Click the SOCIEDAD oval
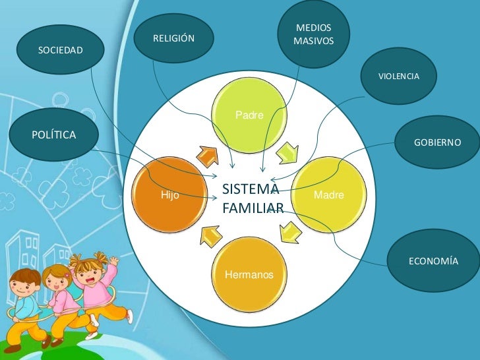click(x=60, y=49)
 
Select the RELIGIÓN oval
click(x=174, y=38)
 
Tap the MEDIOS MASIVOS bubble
click(x=313, y=34)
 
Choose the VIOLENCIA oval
click(x=398, y=76)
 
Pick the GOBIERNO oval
click(x=437, y=142)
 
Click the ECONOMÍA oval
click(x=433, y=260)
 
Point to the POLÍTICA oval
click(x=54, y=135)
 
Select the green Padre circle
click(x=249, y=115)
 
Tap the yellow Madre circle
click(x=329, y=195)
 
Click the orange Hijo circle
click(x=170, y=195)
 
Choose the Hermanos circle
click(x=249, y=274)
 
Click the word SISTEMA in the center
click(x=251, y=189)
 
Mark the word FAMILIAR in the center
click(x=253, y=208)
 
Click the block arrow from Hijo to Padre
click(x=208, y=156)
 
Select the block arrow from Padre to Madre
click(x=287, y=152)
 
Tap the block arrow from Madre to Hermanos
click(x=290, y=233)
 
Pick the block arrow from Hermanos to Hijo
click(x=210, y=236)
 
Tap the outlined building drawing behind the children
click(x=23, y=251)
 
